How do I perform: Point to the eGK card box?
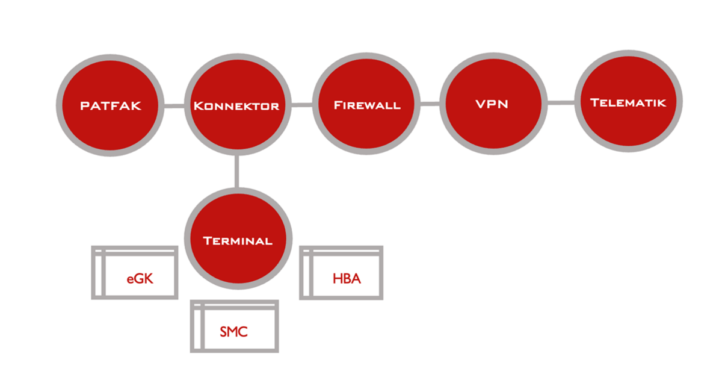pyautogui.click(x=134, y=272)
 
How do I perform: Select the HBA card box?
pyautogui.click(x=341, y=273)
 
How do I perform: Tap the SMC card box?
pyautogui.click(x=234, y=326)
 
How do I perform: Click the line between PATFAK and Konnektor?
pyautogui.click(x=173, y=106)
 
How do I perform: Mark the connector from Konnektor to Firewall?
pyautogui.click(x=301, y=105)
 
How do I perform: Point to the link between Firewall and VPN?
pyautogui.click(x=430, y=104)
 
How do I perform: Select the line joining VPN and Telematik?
pyautogui.click(x=560, y=102)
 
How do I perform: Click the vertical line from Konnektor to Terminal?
pyautogui.click(x=236, y=172)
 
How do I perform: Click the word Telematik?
pyautogui.click(x=628, y=102)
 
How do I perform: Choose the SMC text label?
pyautogui.click(x=233, y=332)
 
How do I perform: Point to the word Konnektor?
pyautogui.click(x=236, y=106)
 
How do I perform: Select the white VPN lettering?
pyautogui.click(x=492, y=104)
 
